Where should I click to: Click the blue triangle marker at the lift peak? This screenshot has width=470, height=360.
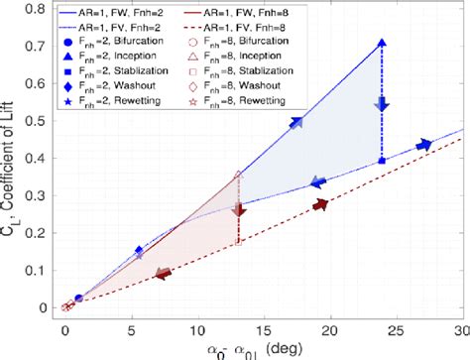point(382,44)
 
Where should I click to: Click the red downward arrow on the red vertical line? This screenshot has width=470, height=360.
point(238,209)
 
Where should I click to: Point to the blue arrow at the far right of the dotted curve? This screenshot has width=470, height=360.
point(424,146)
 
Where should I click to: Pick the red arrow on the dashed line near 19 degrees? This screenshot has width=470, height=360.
point(319,204)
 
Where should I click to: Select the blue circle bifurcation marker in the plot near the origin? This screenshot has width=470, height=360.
point(78,299)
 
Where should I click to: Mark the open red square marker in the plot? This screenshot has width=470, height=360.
point(238,241)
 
